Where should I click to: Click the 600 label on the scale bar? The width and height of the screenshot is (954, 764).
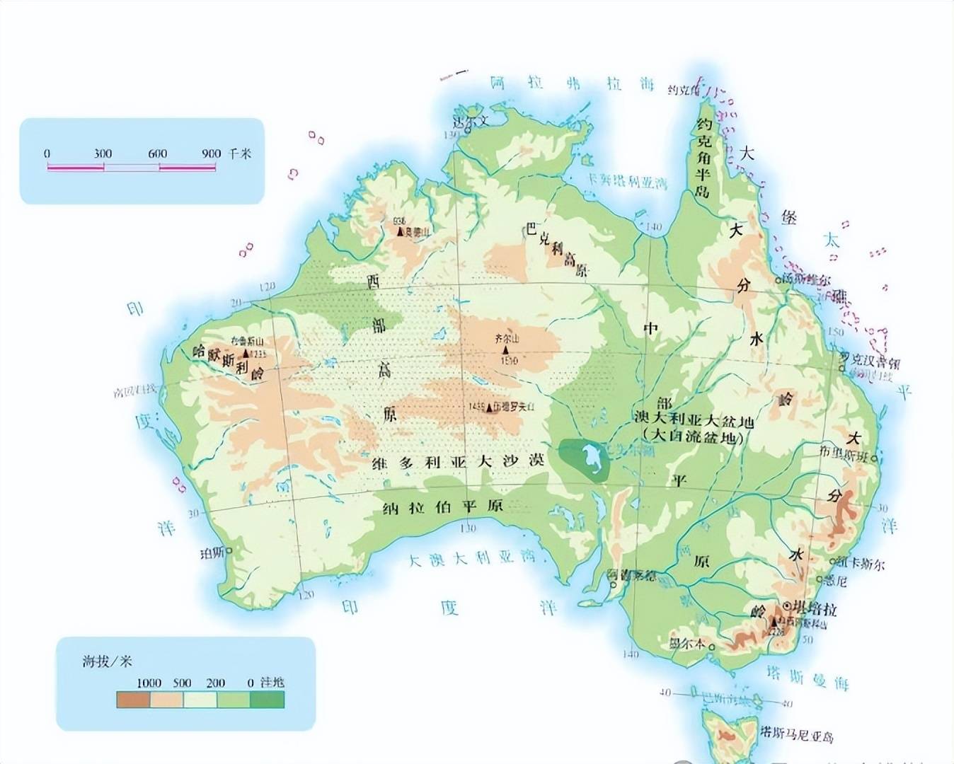(157, 154)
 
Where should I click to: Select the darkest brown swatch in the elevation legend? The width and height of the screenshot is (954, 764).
(133, 700)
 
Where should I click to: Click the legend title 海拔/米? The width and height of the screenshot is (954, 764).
(107, 661)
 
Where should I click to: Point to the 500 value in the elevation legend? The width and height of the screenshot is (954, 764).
(183, 683)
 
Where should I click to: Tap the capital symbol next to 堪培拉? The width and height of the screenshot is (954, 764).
(786, 606)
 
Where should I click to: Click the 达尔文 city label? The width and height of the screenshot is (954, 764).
(471, 121)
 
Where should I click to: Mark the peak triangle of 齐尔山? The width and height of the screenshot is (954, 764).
(506, 350)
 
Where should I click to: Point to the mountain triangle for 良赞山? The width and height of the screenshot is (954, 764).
(400, 231)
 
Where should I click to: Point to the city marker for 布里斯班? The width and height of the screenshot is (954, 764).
(875, 458)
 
